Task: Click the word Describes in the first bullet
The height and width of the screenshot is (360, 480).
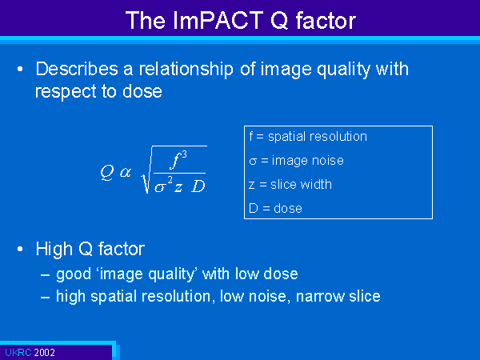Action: [77, 69]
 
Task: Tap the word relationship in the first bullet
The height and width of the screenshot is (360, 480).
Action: [186, 69]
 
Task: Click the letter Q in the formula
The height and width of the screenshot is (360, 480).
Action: [107, 172]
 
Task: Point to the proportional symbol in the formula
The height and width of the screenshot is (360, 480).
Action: [126, 172]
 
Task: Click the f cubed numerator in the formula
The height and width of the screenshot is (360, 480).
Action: [178, 159]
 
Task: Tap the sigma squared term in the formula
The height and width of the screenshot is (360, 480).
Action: [163, 185]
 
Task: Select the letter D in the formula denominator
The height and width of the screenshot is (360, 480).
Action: [198, 186]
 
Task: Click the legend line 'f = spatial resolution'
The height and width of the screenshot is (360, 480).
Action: [308, 136]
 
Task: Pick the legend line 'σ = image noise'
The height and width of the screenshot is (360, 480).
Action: [296, 161]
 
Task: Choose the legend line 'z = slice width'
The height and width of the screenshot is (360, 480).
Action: [290, 184]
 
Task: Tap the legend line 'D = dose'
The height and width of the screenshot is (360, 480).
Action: [275, 209]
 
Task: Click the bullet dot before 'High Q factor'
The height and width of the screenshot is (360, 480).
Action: [20, 249]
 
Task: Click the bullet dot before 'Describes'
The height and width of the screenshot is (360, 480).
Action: [20, 69]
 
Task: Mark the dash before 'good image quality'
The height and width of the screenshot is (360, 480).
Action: [46, 274]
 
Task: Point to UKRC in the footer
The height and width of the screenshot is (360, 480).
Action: [18, 352]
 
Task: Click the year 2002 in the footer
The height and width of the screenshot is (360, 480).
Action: [44, 352]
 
